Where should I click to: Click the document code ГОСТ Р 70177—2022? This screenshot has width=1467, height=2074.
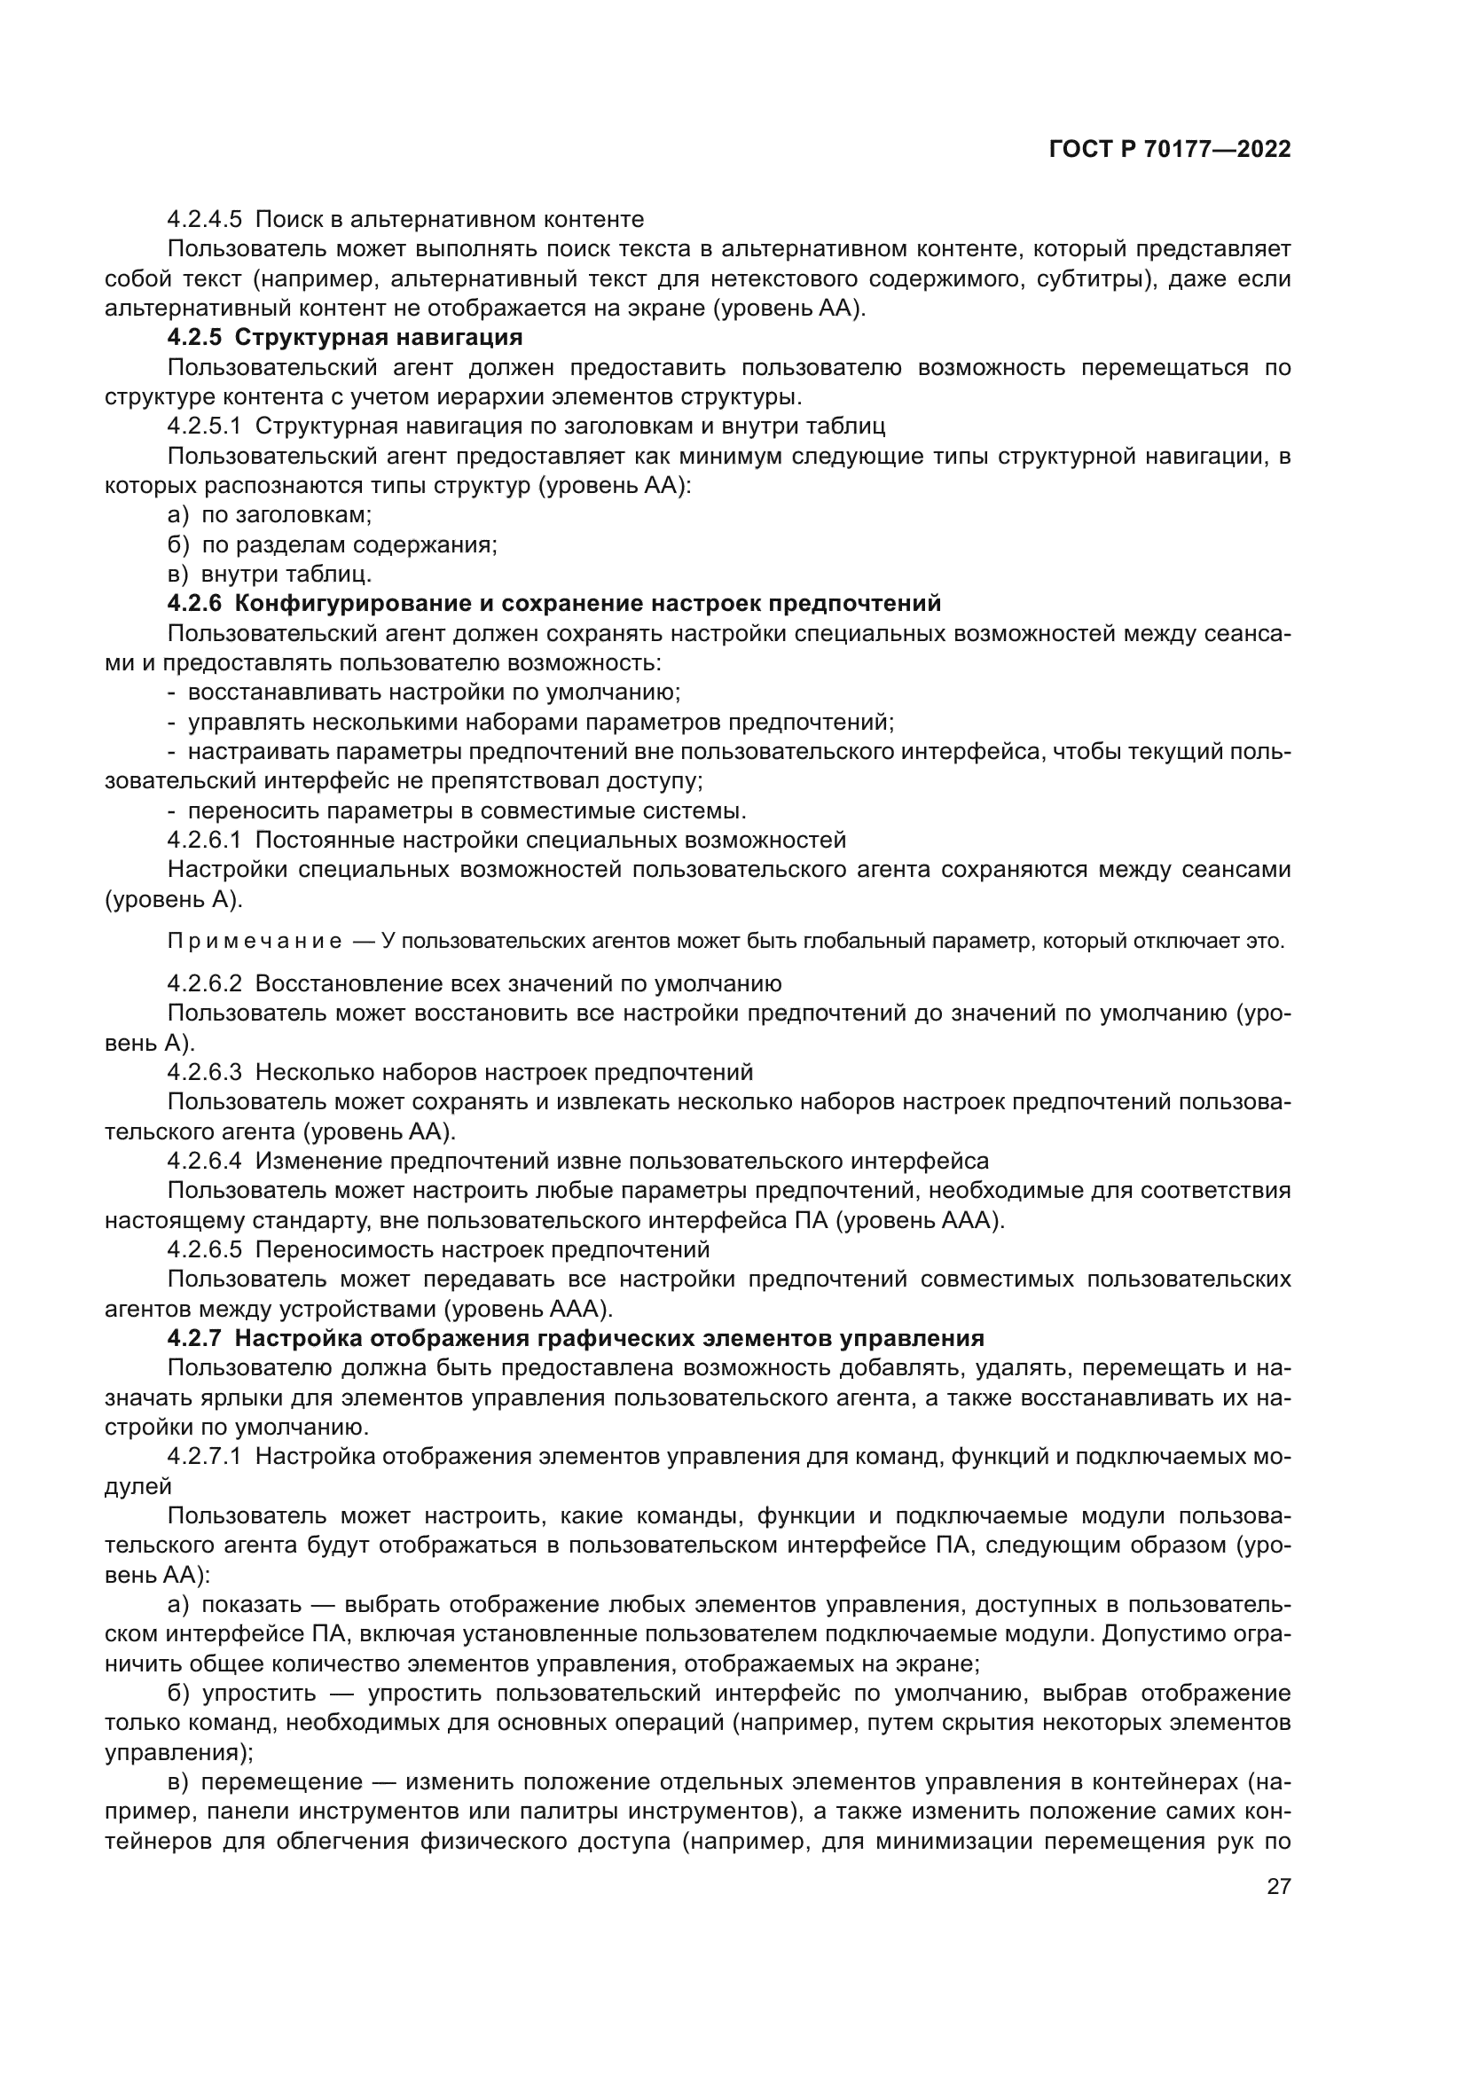click(x=1169, y=150)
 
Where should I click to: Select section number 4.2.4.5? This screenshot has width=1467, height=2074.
click(x=204, y=220)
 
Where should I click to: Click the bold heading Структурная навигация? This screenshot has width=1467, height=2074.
click(x=379, y=338)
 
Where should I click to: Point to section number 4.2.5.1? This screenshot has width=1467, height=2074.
click(x=204, y=427)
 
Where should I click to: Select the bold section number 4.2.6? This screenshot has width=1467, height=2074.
click(x=194, y=604)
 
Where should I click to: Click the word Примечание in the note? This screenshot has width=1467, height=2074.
click(x=255, y=942)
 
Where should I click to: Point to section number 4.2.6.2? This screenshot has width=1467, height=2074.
click(x=204, y=983)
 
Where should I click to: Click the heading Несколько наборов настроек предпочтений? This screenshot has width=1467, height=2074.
click(x=504, y=1072)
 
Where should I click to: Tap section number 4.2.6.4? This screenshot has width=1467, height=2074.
click(x=204, y=1161)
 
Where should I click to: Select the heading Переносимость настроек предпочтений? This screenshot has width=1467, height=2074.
click(x=482, y=1249)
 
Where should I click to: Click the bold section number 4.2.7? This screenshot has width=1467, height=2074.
click(x=194, y=1338)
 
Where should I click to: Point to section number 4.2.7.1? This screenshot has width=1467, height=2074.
click(x=204, y=1456)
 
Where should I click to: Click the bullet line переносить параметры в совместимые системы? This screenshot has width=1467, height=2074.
click(x=467, y=810)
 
